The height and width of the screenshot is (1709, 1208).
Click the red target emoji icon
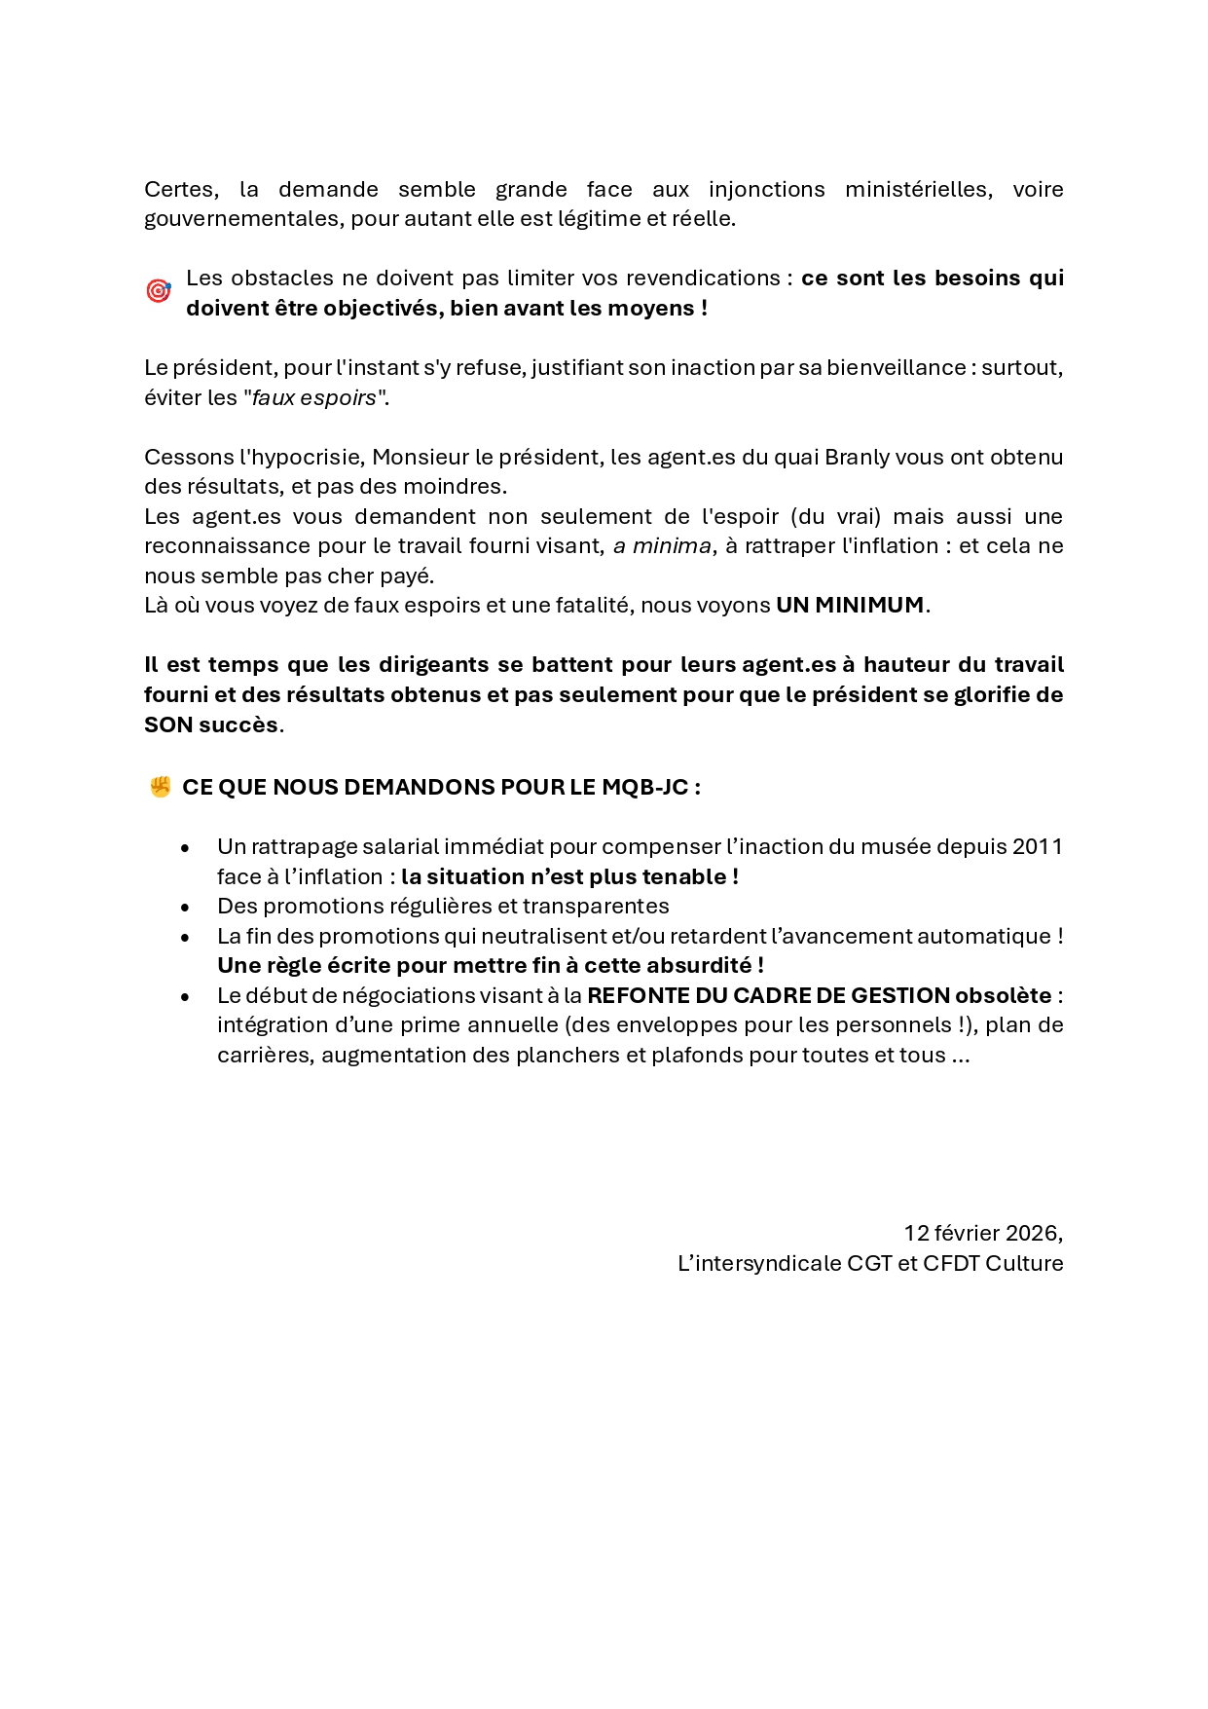coord(159,291)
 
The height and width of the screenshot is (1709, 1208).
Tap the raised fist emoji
coord(161,787)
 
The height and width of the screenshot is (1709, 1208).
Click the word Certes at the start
coord(180,189)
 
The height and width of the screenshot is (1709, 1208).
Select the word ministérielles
coord(918,189)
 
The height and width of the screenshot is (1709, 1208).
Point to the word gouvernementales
coord(242,219)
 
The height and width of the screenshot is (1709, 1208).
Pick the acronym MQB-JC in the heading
coord(644,788)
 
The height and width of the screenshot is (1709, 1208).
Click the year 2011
coord(1037,847)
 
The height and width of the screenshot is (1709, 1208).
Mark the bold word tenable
coord(684,877)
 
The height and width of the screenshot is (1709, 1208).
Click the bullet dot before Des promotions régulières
coord(185,908)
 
